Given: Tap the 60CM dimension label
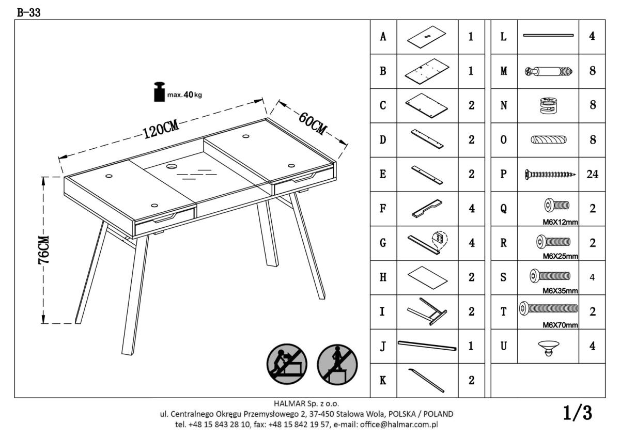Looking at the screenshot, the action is click(x=313, y=123).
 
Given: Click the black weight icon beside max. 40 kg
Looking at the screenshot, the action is click(x=160, y=92).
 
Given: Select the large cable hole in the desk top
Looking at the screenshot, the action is click(x=172, y=166).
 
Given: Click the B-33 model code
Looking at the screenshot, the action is click(x=29, y=12).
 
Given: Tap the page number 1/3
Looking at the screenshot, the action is click(x=578, y=413).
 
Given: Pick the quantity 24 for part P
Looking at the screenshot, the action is click(x=592, y=174).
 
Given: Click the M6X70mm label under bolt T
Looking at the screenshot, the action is click(x=560, y=325).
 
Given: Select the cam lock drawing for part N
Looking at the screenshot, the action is click(x=549, y=105).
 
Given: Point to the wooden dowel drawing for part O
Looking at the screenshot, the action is click(x=549, y=139).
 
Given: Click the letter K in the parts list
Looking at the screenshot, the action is click(x=383, y=381).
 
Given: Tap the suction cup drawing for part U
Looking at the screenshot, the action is click(x=549, y=348).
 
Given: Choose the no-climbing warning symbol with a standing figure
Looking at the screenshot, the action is click(x=337, y=365).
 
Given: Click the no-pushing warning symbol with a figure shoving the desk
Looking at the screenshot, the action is click(x=287, y=364).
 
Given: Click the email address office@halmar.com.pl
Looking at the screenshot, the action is click(x=399, y=425).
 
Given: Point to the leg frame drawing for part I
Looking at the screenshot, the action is click(x=427, y=311).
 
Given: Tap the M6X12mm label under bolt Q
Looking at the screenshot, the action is click(x=560, y=222).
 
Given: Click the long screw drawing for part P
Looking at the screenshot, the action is click(x=550, y=174).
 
